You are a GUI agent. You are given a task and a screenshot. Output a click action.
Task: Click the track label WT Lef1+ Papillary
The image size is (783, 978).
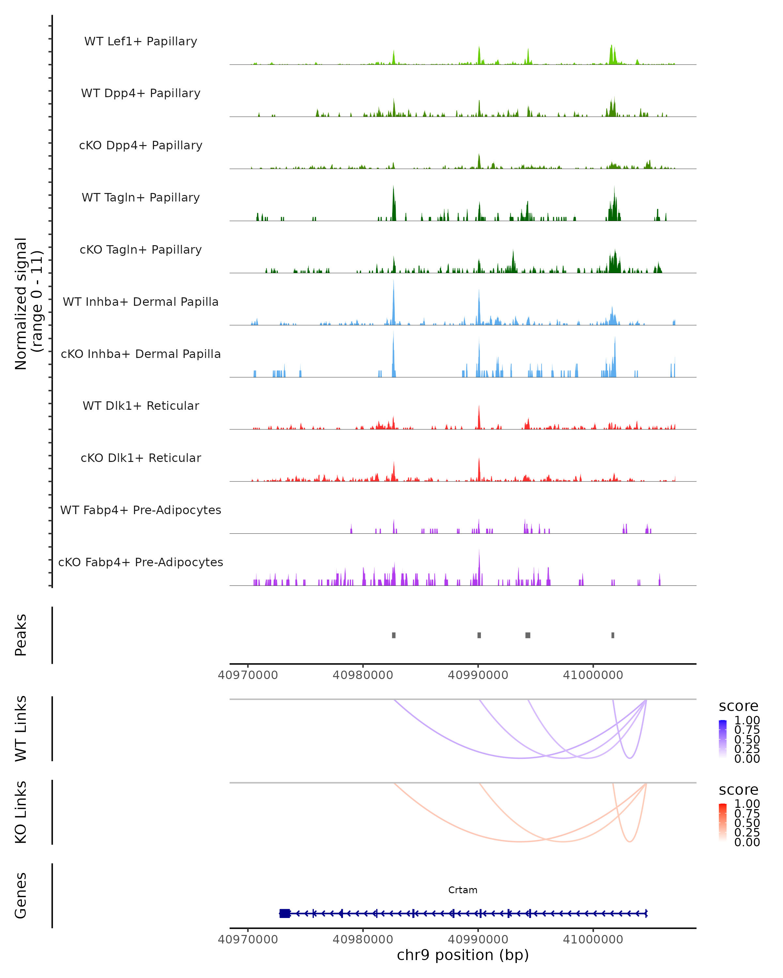141,41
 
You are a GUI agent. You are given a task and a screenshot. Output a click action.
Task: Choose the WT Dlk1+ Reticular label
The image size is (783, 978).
141,406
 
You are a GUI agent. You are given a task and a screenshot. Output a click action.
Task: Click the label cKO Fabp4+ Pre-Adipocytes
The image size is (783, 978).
141,562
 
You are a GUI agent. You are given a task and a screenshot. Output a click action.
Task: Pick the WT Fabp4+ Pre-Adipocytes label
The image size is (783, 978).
141,510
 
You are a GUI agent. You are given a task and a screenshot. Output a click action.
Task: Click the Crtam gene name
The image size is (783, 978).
463,890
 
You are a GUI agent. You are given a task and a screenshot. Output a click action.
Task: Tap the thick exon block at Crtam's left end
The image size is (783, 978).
284,913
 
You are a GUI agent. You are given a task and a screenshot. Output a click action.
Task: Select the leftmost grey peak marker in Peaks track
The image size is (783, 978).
393,635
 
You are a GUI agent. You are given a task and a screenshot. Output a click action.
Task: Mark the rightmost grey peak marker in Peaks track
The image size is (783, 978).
613,635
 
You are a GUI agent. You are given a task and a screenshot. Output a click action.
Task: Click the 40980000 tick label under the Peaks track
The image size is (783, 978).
363,675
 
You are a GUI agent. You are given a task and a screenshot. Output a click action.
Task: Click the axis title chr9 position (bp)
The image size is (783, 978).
463,955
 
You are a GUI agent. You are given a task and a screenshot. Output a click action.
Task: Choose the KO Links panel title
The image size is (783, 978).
21,812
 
